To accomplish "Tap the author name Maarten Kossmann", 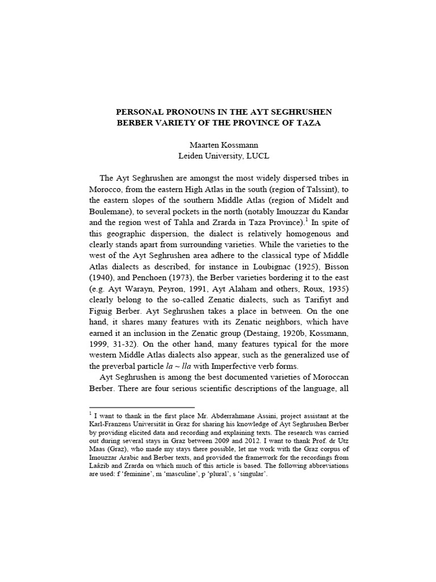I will click(219, 145).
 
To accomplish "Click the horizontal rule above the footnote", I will click(142, 408).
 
